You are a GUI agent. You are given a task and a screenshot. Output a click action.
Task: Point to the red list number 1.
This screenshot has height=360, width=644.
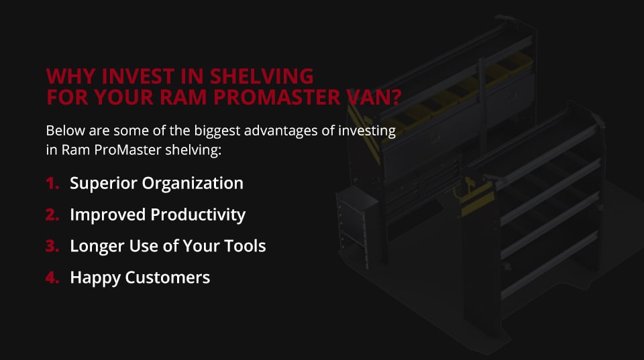(52, 183)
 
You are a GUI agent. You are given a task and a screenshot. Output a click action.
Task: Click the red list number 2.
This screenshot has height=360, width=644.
(53, 215)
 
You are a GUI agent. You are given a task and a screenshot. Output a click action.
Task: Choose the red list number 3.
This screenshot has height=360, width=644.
(53, 246)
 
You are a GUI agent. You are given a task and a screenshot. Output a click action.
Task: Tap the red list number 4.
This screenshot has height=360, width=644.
(53, 278)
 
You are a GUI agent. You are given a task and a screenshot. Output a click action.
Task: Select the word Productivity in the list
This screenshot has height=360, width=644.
(198, 215)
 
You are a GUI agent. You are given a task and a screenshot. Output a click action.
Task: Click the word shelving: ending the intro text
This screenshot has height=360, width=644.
(195, 149)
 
